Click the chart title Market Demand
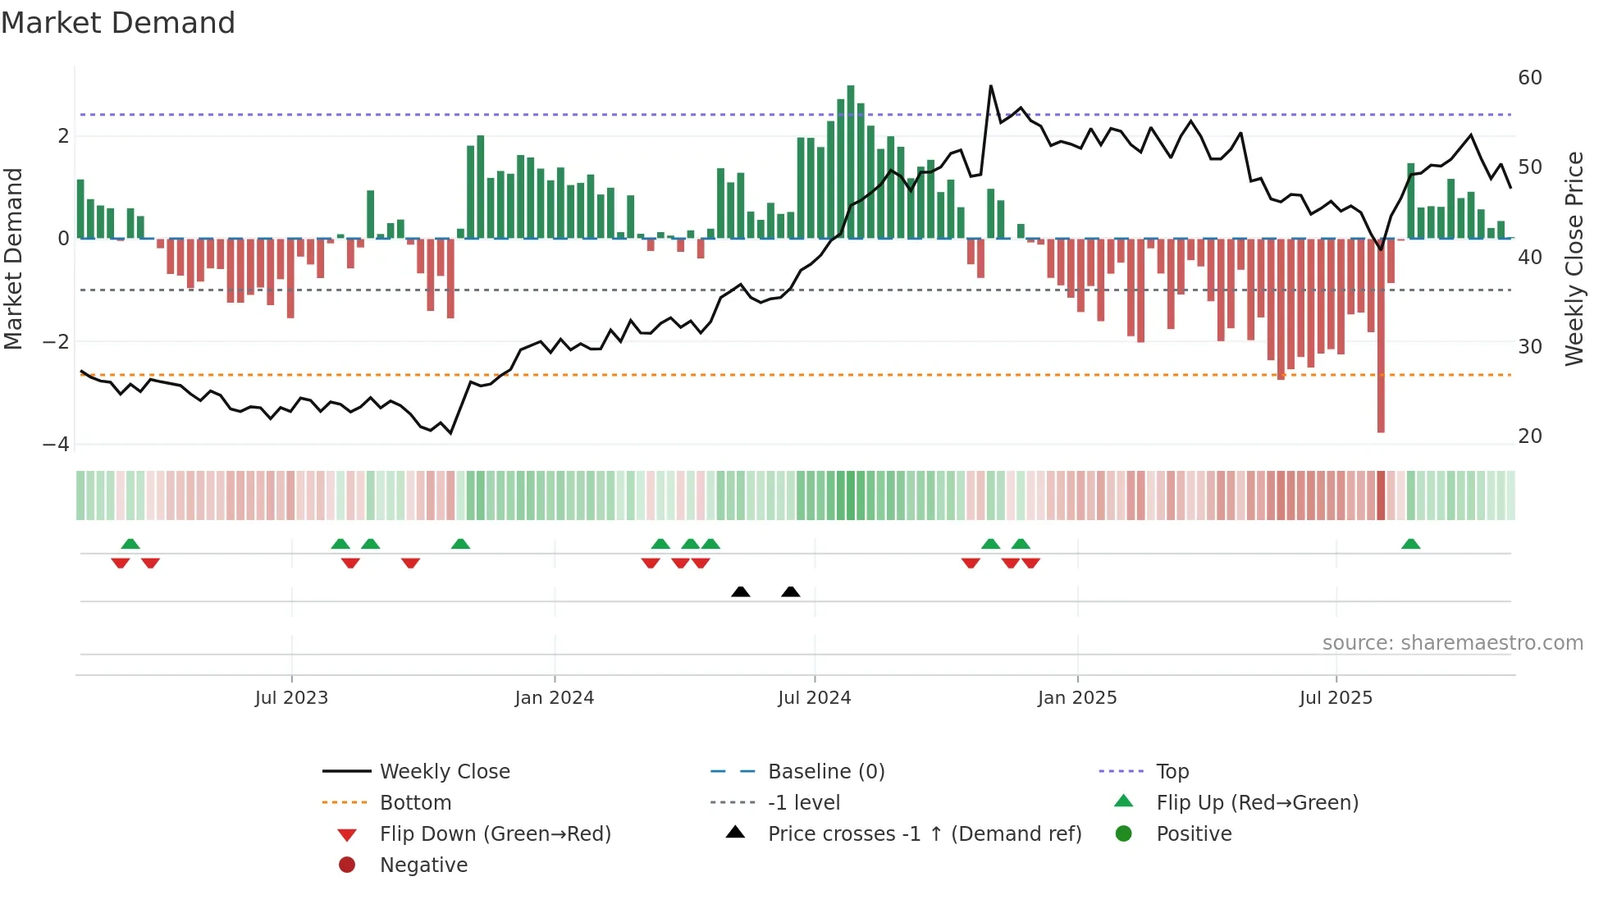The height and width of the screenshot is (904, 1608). coord(118,23)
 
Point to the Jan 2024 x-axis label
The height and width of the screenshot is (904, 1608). coord(555,698)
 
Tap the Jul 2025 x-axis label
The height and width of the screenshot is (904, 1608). coord(1336,698)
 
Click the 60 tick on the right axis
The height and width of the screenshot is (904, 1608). coord(1530,78)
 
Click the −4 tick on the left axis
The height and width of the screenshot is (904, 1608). coord(57,445)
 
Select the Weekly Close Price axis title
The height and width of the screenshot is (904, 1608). coord(1574,258)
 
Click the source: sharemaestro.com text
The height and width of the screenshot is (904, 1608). coord(1452,643)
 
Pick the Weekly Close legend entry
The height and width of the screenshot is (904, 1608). coord(445,772)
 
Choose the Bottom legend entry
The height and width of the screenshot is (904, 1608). coord(415,803)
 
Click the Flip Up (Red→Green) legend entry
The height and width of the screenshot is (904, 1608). coord(1257,803)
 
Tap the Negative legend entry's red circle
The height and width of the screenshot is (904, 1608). coord(347,865)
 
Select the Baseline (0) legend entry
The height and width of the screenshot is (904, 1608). coord(826,772)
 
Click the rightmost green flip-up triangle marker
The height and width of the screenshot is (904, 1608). coord(1411,544)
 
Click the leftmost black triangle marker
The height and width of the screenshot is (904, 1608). coord(741,592)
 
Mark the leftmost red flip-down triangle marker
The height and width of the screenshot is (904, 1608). coord(121,563)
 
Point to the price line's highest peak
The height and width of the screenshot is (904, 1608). coord(991,86)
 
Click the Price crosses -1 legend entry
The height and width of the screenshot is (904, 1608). coord(925,834)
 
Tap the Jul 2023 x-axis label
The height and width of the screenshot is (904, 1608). coord(291,698)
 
